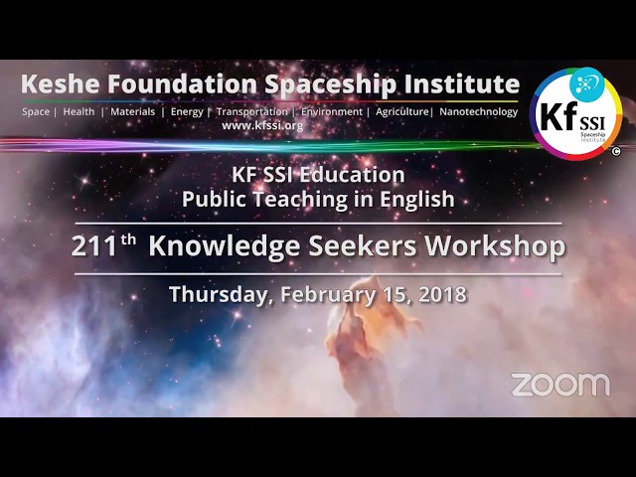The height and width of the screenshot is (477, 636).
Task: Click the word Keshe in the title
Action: coord(60,83)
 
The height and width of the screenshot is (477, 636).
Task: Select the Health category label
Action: coord(79,111)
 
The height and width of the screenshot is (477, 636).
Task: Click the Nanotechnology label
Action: coord(479,112)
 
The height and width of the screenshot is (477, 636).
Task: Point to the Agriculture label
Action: coord(401,112)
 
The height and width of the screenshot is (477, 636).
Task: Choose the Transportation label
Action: coord(251,112)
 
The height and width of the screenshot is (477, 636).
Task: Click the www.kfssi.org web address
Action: coord(262,126)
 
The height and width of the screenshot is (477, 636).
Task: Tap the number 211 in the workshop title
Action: coord(93,246)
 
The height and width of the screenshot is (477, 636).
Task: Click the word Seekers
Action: coord(362,245)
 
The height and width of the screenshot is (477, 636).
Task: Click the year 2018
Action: coord(442,294)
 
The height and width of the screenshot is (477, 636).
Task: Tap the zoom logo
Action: coord(560,385)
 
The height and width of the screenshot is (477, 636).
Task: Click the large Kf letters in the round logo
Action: coord(558,116)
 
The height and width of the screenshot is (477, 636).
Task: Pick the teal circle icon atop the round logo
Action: coord(587,83)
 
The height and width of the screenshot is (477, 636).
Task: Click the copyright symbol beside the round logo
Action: coord(616,152)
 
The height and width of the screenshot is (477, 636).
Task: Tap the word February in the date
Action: coord(328,295)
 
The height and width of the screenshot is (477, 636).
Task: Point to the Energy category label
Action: coord(187,112)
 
